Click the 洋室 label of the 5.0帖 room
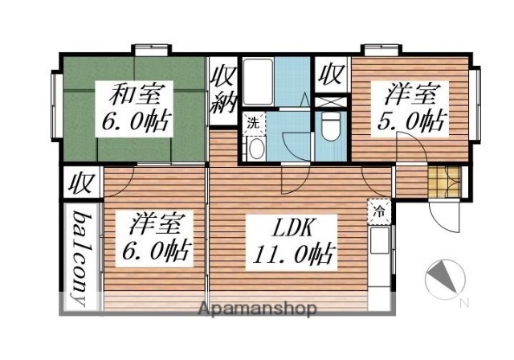point(412,95)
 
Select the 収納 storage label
point(222,89)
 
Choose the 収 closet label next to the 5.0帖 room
point(330,75)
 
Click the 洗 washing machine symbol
point(252,124)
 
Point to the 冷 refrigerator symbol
point(377,212)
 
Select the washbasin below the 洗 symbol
point(255,149)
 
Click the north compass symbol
point(443,279)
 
